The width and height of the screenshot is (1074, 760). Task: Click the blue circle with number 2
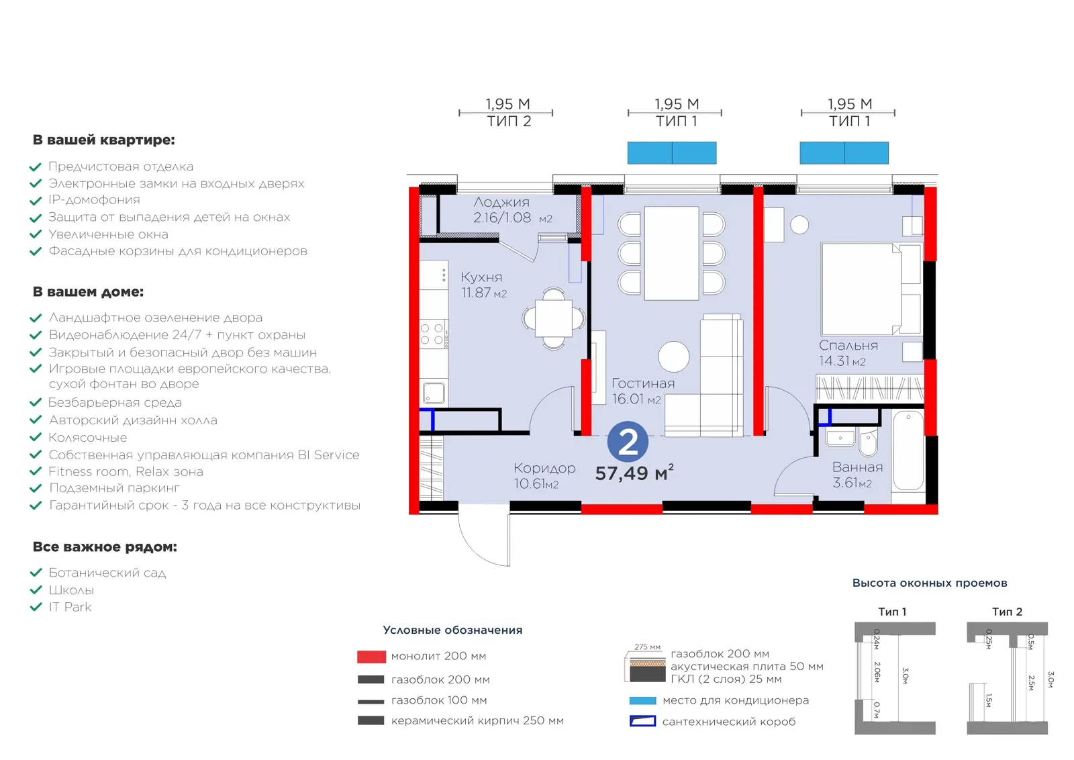click(x=628, y=442)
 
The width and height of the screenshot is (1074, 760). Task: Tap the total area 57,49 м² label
click(x=634, y=473)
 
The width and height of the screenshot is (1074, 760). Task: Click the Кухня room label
click(x=481, y=277)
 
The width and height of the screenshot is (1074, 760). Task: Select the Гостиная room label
click(x=643, y=383)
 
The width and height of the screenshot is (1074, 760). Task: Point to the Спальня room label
click(x=848, y=345)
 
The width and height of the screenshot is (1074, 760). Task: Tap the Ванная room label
click(x=857, y=467)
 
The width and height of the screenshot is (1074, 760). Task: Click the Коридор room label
click(x=544, y=468)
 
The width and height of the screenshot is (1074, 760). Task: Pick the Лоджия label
click(x=501, y=202)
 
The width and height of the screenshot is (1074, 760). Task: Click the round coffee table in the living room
click(x=674, y=357)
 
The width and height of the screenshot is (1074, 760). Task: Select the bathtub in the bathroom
click(x=908, y=450)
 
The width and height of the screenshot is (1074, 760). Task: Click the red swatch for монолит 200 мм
click(x=371, y=657)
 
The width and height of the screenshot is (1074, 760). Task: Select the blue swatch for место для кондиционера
click(x=642, y=700)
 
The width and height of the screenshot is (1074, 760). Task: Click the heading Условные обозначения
click(x=452, y=630)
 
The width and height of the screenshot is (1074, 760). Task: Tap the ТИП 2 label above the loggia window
click(x=509, y=122)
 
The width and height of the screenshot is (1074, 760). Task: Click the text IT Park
click(x=70, y=607)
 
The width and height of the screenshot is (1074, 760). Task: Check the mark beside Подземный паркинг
click(x=36, y=489)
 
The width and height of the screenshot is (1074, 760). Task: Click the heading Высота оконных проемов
click(x=929, y=583)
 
